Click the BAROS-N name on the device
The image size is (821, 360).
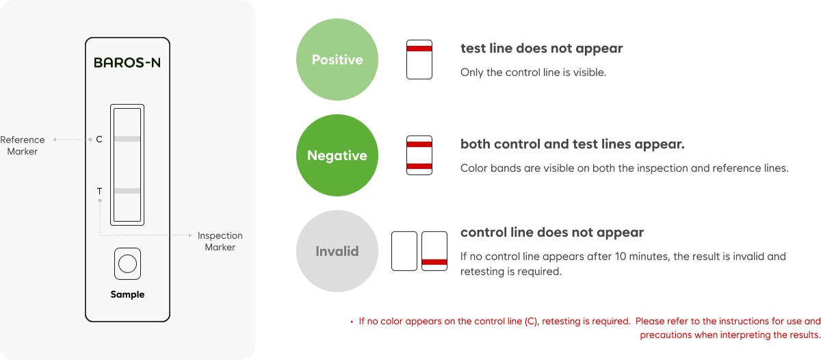point(127,63)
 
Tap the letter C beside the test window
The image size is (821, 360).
point(99,140)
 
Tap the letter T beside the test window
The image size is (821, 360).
point(99,190)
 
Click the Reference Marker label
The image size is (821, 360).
point(23,145)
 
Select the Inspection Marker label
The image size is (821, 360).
point(220,241)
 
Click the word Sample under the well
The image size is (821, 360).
point(127,294)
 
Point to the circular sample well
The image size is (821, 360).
point(127,263)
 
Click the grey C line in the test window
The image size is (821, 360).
point(127,140)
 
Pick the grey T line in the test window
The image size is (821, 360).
point(127,190)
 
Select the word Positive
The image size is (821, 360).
point(337,60)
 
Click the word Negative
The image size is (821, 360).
point(337,155)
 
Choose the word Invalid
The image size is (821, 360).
point(337,251)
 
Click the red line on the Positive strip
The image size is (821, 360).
point(419,49)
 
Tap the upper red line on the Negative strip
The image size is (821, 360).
point(419,145)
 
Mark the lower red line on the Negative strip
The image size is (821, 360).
point(419,166)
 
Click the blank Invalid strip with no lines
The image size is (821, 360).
point(404,251)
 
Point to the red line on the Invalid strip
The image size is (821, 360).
point(434,262)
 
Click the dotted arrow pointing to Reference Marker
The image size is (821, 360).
point(71,140)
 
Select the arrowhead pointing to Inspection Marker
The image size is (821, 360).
point(190,235)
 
